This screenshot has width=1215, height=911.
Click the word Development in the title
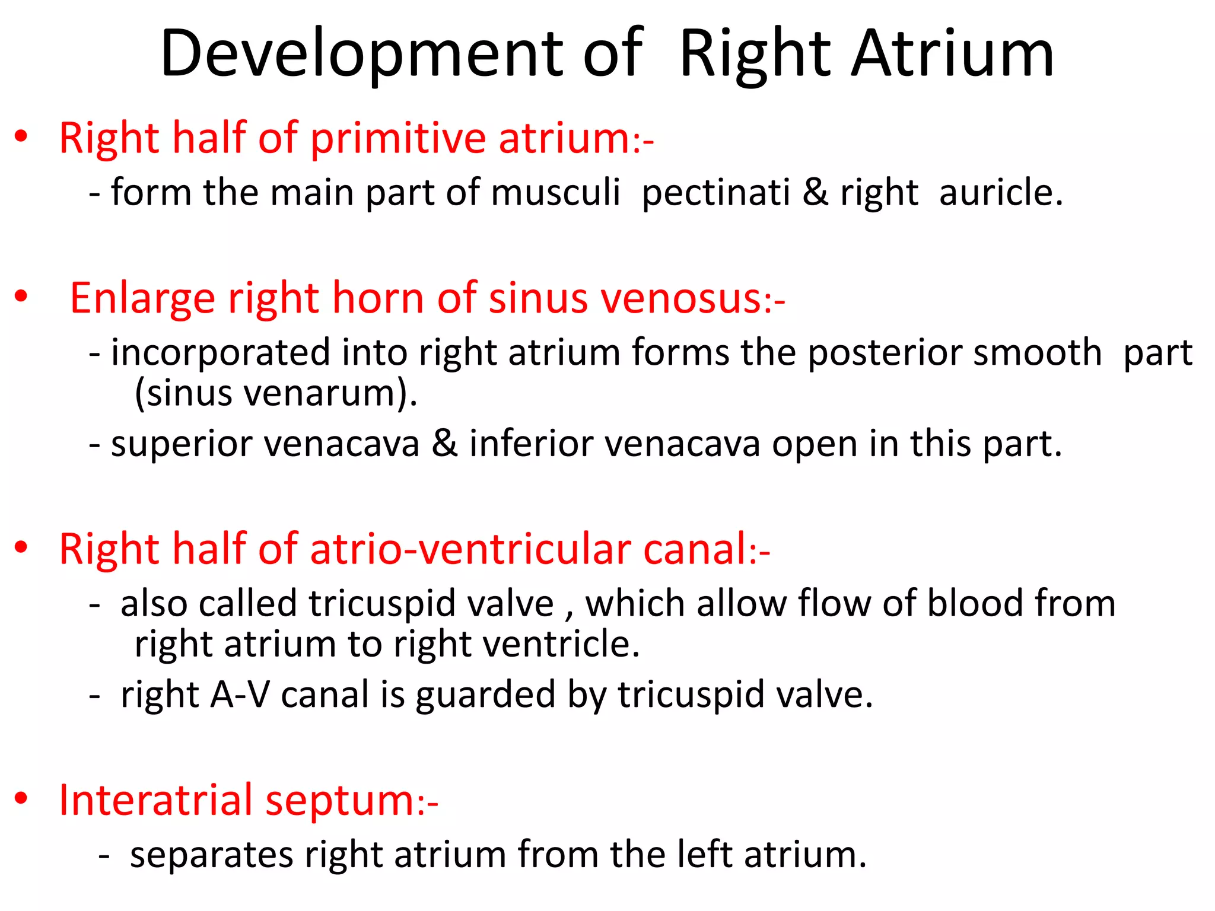[361, 55]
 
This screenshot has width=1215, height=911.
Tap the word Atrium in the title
[952, 55]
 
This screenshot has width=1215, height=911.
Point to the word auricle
[1000, 193]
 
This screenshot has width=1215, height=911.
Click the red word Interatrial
[155, 801]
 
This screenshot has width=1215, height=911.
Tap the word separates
[211, 855]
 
